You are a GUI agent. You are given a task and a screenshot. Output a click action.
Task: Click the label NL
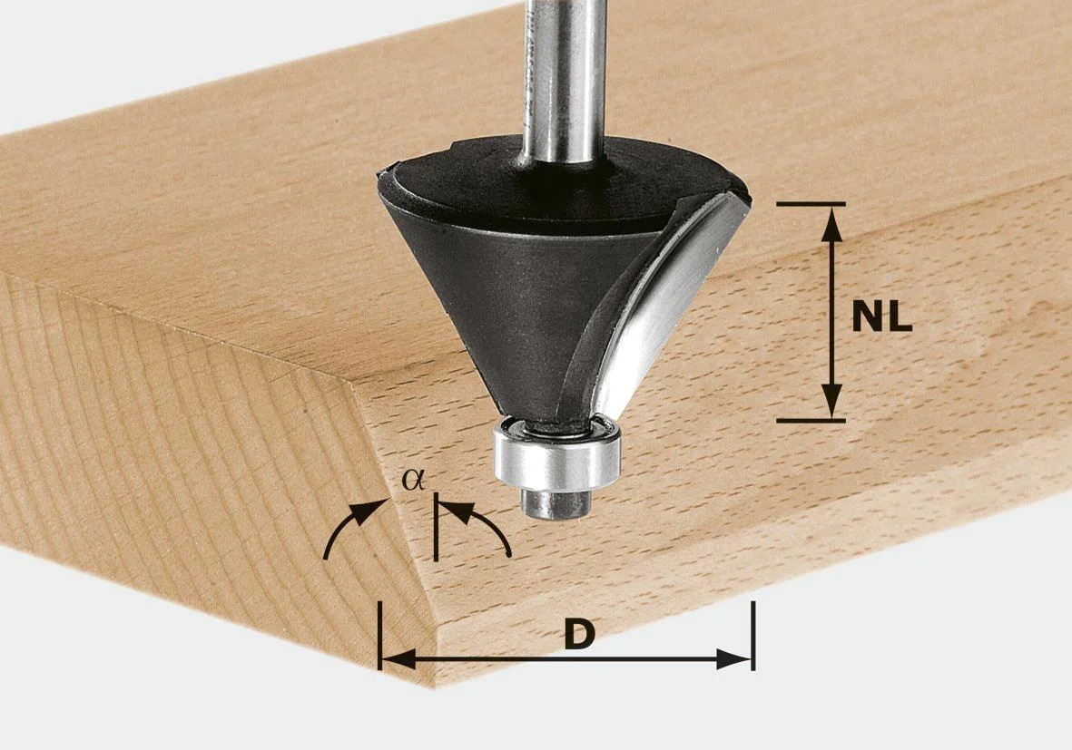click(881, 317)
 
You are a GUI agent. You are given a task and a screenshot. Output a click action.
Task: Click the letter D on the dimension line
click(577, 634)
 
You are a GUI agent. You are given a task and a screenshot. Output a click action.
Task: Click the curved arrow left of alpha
click(349, 526)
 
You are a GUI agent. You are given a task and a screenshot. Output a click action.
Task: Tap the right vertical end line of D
click(752, 635)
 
